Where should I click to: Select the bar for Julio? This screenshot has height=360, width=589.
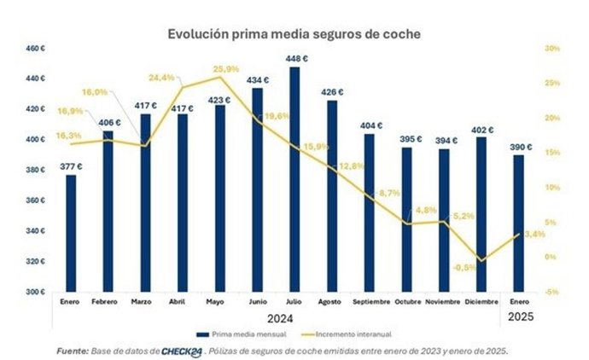[x=294, y=179]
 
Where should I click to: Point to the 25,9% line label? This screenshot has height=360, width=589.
[x=227, y=68]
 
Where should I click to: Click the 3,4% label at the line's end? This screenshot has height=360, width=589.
[x=535, y=234]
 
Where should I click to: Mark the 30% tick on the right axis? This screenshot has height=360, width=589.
[x=553, y=49]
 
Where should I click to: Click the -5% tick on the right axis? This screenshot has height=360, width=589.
[x=553, y=292]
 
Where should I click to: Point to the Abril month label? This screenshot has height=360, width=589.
[x=179, y=301]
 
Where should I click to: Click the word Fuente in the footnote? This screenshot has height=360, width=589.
[x=73, y=350]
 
